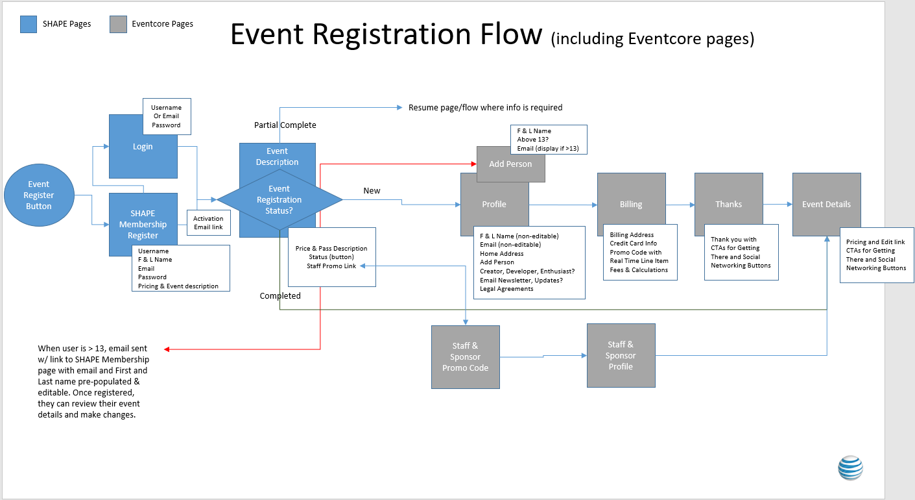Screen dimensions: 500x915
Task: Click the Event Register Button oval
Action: (39, 195)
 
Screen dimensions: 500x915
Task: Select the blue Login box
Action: (143, 147)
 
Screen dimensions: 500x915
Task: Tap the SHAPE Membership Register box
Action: (143, 224)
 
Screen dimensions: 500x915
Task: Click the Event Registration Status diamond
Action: (279, 200)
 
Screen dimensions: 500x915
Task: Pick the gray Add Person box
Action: (510, 164)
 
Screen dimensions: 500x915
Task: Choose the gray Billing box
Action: (631, 204)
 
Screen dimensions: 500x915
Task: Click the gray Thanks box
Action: (728, 204)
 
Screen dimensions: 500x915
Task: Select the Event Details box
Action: (826, 204)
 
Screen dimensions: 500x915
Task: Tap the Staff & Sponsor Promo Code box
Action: (465, 357)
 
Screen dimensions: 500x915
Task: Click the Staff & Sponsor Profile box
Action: (621, 355)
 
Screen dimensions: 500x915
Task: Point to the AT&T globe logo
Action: (850, 468)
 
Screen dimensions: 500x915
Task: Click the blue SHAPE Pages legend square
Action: (29, 24)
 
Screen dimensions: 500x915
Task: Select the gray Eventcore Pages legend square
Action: (118, 24)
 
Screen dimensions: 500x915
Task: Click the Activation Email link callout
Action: (208, 223)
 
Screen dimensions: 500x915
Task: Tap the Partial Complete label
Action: (285, 125)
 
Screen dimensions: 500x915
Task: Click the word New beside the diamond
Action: (372, 191)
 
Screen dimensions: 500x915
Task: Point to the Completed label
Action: (280, 296)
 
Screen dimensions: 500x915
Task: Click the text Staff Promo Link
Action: (331, 266)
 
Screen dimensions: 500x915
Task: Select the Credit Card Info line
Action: (633, 244)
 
